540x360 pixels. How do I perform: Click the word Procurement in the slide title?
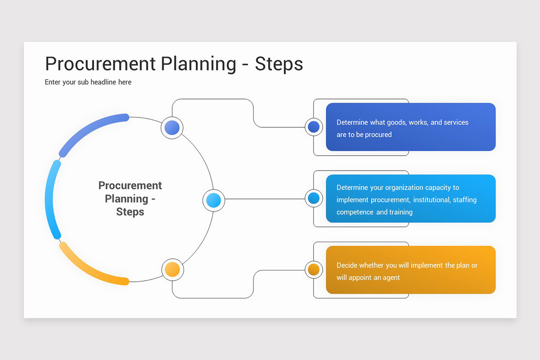(100, 64)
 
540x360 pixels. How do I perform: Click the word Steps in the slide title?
(279, 64)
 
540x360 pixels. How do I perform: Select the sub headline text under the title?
(88, 82)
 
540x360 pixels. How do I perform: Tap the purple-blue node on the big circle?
(172, 128)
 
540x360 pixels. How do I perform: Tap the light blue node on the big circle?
(213, 200)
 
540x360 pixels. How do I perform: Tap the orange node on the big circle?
(172, 270)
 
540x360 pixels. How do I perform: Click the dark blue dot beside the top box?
(314, 127)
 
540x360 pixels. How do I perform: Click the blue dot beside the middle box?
(314, 198)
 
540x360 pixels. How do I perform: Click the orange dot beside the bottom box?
(314, 270)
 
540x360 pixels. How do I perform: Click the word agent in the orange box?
(391, 278)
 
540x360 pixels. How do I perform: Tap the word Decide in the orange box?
(347, 265)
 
